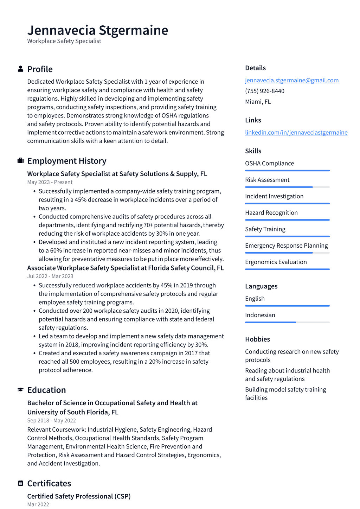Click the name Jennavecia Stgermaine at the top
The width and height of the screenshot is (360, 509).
tap(97, 30)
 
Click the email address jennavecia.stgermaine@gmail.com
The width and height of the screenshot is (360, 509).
tap(292, 80)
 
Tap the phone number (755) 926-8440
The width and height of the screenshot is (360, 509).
tap(264, 91)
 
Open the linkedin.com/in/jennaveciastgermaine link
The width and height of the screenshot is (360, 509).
tap(296, 132)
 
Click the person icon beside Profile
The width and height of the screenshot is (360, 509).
tap(20, 69)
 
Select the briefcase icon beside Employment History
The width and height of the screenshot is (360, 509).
tap(20, 161)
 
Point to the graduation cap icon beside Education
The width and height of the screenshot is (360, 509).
tap(20, 390)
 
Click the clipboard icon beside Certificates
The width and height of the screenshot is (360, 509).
tap(20, 483)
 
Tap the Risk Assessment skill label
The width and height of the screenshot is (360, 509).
tap(267, 180)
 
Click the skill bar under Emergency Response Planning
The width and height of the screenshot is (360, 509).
tap(287, 253)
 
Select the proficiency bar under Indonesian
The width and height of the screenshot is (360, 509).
tap(287, 322)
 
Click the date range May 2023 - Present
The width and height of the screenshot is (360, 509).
tap(50, 182)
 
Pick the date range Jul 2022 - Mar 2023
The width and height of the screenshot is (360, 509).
tap(50, 276)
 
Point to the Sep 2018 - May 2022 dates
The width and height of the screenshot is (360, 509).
tap(51, 420)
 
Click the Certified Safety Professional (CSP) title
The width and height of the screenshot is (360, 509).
tap(79, 496)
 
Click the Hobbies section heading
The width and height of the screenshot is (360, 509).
tap(257, 339)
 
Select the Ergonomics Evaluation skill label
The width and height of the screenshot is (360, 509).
tap(276, 262)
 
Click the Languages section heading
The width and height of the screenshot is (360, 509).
tap(261, 286)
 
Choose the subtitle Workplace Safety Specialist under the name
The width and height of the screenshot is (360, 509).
tap(64, 41)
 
